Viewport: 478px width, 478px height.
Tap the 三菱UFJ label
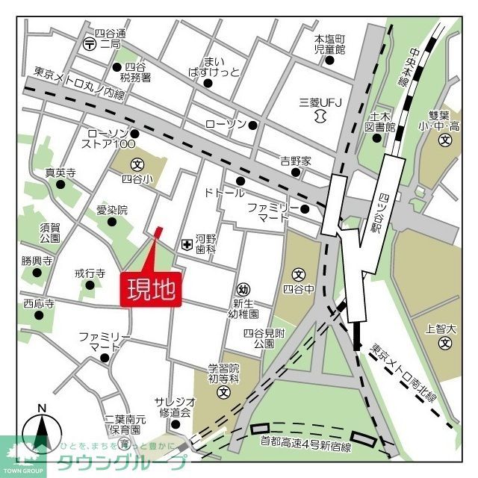coord(320,102)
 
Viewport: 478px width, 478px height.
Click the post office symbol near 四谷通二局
coord(90,43)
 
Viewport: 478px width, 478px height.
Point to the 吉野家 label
coord(295,161)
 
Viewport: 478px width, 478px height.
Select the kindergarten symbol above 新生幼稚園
coord(243,290)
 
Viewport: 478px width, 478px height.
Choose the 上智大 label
coord(439,328)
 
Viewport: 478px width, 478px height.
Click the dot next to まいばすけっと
coord(208,83)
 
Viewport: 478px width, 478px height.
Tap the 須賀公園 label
coord(50,232)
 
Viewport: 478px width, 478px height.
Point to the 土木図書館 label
coord(379,122)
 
